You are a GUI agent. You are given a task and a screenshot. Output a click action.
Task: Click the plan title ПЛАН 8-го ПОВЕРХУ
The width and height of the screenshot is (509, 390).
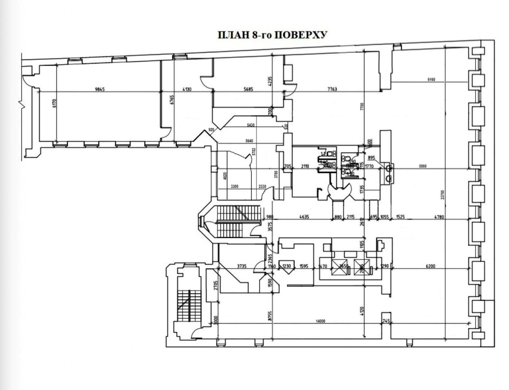click(272, 35)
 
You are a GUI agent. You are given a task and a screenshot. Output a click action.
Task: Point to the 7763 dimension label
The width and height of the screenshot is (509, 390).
click(331, 89)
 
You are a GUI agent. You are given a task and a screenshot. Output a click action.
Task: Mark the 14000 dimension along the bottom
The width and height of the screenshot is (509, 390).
click(320, 321)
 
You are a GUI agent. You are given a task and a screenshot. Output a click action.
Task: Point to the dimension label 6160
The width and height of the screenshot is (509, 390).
click(431, 79)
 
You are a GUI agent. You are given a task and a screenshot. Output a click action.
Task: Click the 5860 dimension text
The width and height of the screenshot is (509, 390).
click(423, 166)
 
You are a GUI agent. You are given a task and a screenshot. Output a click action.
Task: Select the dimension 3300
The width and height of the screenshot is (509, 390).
click(235, 187)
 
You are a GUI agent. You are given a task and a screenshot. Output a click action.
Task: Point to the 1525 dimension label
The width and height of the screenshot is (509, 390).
click(401, 217)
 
